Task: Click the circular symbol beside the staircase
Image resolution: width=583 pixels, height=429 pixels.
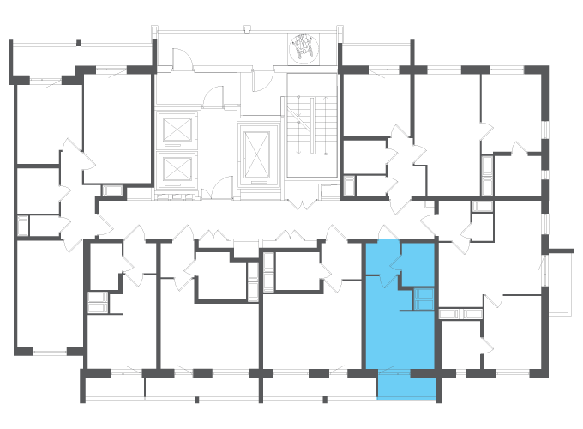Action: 303,48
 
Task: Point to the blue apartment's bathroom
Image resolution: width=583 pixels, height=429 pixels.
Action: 418,265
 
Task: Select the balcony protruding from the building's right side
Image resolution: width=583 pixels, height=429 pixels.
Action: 560,282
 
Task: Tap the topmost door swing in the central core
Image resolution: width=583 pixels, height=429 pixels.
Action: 183,60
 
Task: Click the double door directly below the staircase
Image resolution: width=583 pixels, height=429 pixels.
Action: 302,203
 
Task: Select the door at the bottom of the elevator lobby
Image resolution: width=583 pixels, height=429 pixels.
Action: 221,188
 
